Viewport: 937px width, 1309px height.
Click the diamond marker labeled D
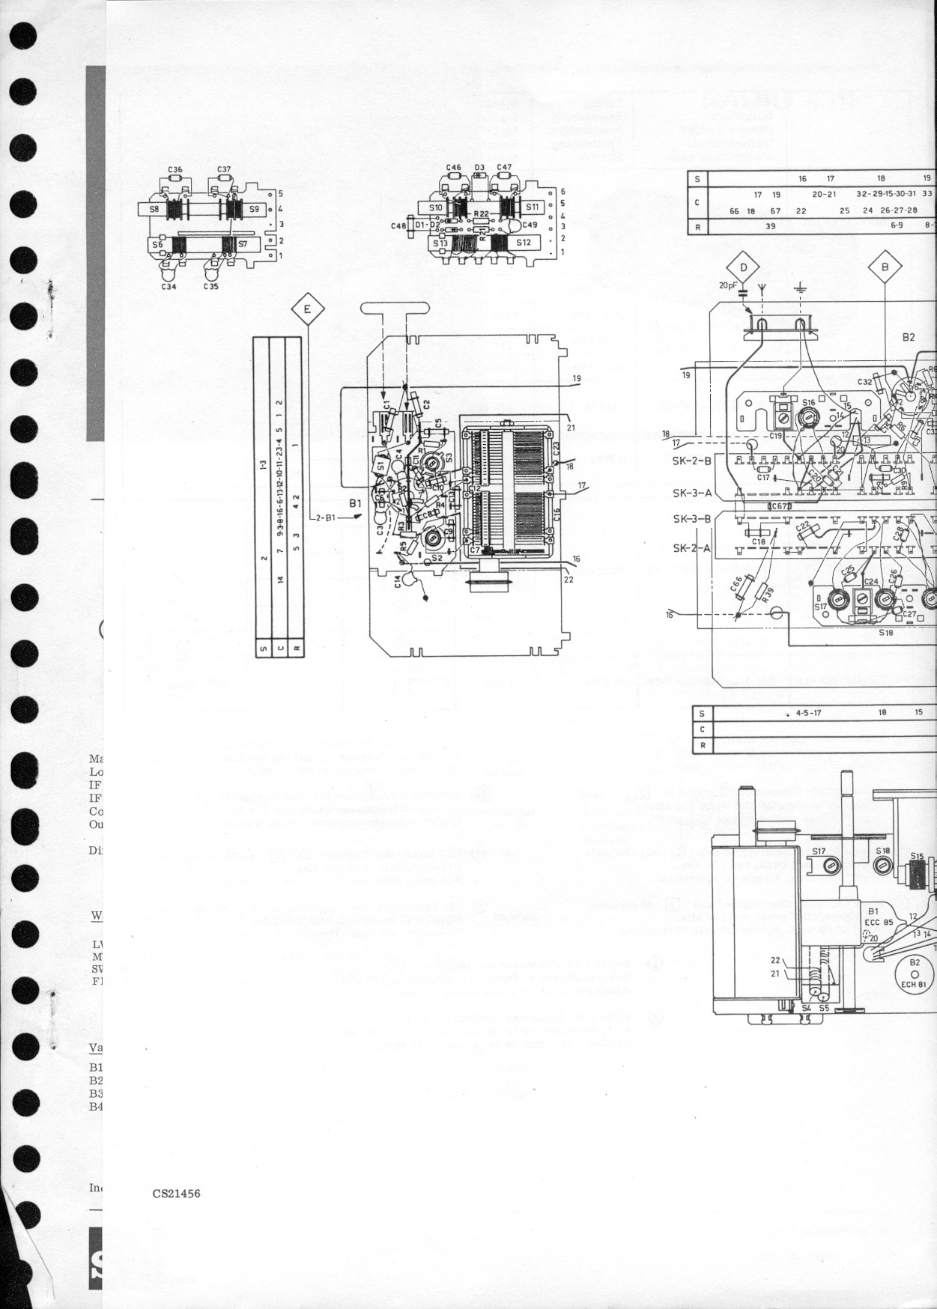pyautogui.click(x=744, y=267)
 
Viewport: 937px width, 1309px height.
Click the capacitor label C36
pyautogui.click(x=175, y=170)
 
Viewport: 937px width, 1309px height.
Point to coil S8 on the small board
pyautogui.click(x=154, y=210)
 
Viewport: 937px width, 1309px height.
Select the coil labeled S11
pyautogui.click(x=533, y=207)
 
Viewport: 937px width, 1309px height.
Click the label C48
pyautogui.click(x=398, y=225)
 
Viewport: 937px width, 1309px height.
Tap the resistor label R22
pyautogui.click(x=481, y=214)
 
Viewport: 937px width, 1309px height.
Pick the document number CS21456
pyautogui.click(x=176, y=1194)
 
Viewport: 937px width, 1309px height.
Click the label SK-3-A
pyautogui.click(x=692, y=492)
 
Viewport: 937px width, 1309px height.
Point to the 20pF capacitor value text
pyautogui.click(x=728, y=285)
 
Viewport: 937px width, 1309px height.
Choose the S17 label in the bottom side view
pyautogui.click(x=819, y=851)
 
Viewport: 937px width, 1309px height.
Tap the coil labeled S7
pyautogui.click(x=243, y=244)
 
